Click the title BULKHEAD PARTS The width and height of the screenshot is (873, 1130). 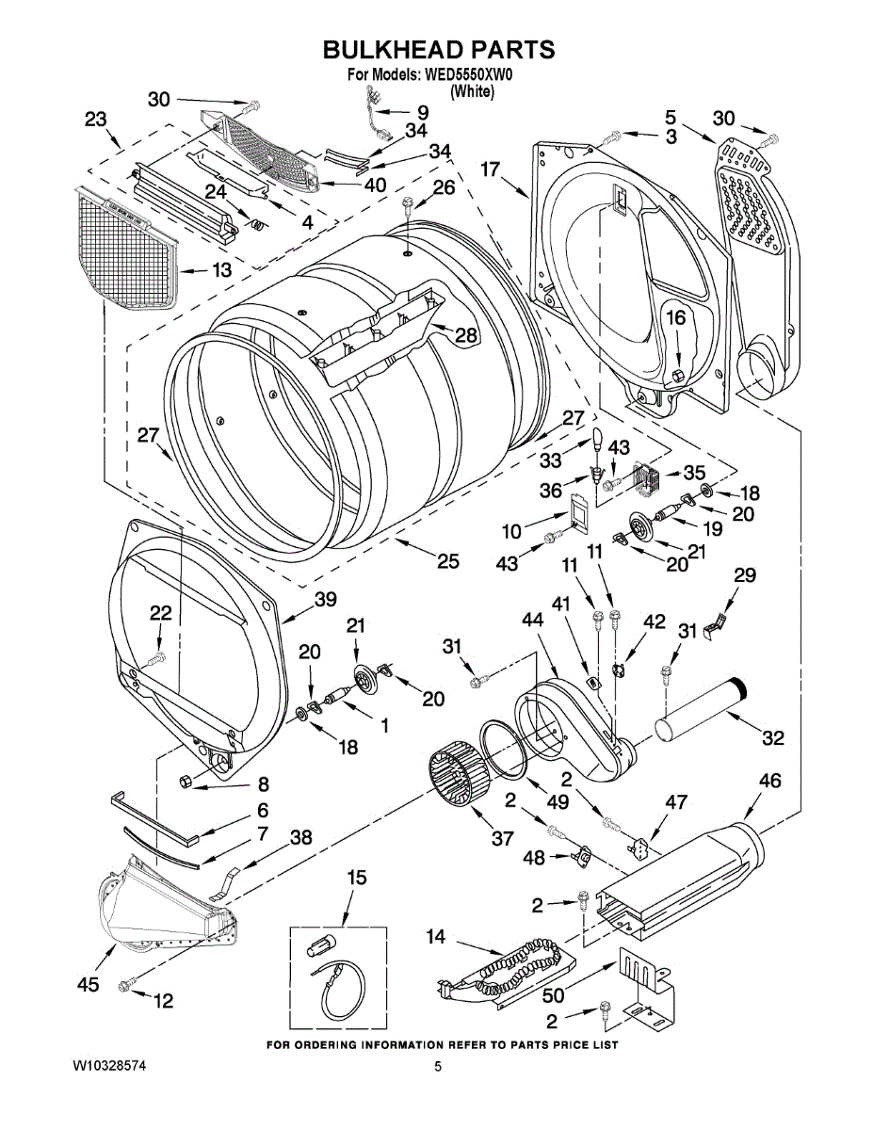tap(439, 50)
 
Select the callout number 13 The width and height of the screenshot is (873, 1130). tap(220, 270)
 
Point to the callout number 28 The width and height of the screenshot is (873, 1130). tap(466, 334)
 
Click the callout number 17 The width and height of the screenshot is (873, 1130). tap(490, 169)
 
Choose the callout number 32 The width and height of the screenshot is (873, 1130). tap(772, 738)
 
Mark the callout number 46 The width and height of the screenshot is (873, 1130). tap(769, 781)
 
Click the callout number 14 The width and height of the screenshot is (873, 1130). tap(435, 937)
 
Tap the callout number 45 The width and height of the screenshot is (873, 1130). tap(88, 985)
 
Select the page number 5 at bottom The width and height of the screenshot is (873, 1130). tap(438, 1066)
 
